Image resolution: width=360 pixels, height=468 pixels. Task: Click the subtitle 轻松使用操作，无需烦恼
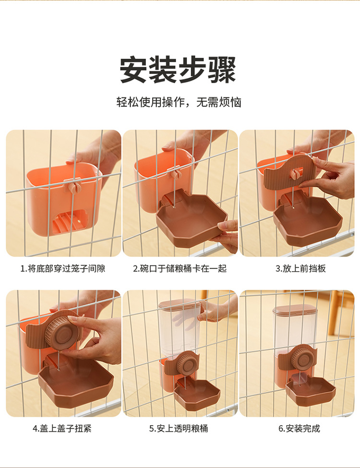(179, 102)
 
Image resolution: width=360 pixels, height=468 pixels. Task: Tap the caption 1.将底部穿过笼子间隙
(63, 269)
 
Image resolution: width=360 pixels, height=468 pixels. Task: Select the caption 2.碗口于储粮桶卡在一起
(180, 269)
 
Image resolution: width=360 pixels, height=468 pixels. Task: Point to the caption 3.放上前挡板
(300, 269)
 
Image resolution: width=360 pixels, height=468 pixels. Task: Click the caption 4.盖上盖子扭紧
(62, 429)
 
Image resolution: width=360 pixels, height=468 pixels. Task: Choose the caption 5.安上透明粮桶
(179, 429)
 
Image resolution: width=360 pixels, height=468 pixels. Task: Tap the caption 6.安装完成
(299, 429)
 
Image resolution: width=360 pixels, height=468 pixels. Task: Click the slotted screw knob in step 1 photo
(74, 187)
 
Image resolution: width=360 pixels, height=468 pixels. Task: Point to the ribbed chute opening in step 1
(71, 222)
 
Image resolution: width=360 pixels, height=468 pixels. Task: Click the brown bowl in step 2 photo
(192, 218)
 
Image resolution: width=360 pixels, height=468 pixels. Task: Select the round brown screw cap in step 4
(63, 331)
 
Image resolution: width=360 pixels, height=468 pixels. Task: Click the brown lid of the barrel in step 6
(295, 309)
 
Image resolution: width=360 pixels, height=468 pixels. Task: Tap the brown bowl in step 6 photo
(311, 391)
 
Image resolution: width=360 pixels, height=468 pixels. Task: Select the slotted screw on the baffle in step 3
(296, 172)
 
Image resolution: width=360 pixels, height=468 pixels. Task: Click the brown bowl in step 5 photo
(197, 395)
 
